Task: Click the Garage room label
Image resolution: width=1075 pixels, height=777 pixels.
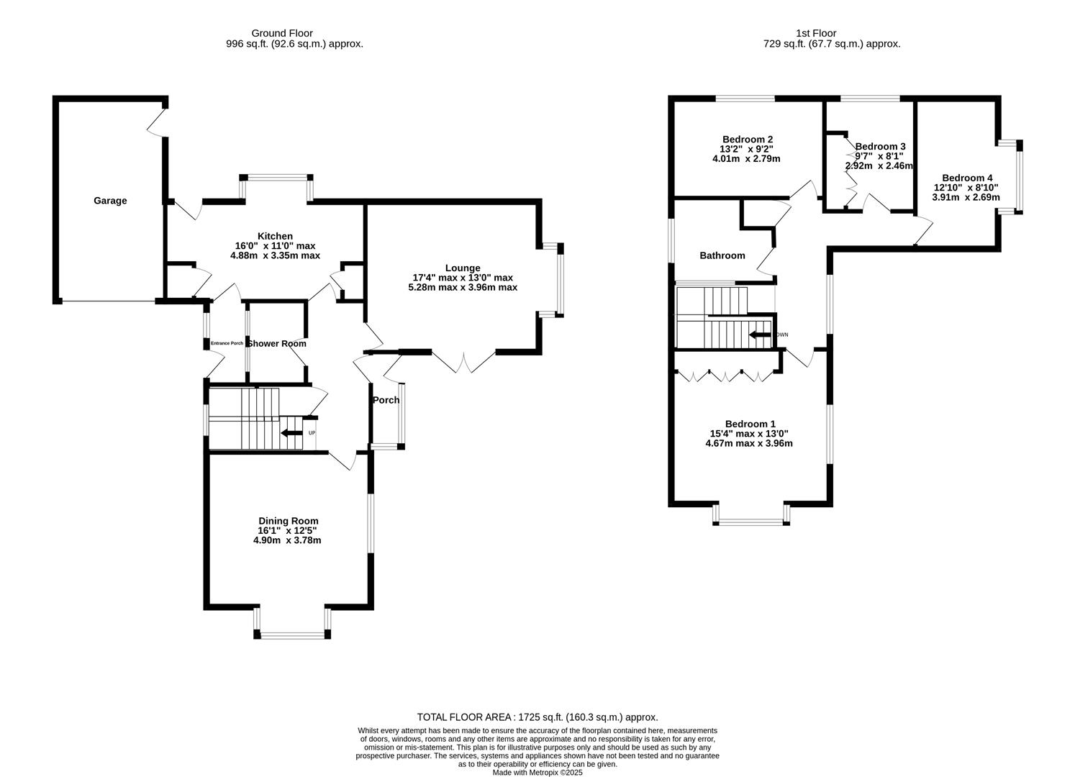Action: tap(110, 201)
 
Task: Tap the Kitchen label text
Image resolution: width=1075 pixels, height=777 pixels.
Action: tap(275, 236)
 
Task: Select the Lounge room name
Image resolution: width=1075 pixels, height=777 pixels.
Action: tap(462, 268)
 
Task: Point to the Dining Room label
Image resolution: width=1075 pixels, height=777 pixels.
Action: tap(288, 521)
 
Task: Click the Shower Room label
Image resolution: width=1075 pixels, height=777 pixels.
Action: tap(277, 344)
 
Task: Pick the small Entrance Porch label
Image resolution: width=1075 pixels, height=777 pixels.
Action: tap(227, 343)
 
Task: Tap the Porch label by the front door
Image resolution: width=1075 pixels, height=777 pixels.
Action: tap(386, 400)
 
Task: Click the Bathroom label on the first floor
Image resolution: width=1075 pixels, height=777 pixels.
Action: tap(722, 255)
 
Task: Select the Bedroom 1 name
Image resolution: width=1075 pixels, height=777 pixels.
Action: tap(749, 424)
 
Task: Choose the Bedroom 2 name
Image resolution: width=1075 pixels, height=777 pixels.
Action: tap(748, 140)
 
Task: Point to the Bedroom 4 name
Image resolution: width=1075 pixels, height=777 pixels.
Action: tap(967, 178)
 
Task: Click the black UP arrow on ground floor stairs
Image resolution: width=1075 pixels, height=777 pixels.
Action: tap(291, 433)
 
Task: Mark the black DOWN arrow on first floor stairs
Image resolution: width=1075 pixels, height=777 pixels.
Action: tap(760, 335)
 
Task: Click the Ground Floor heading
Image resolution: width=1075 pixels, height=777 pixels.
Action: tap(282, 33)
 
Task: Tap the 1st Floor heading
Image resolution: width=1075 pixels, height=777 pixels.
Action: tap(816, 33)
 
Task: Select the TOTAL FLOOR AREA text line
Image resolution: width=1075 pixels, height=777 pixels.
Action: tap(537, 717)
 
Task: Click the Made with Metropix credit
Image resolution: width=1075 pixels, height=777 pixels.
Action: tap(537, 773)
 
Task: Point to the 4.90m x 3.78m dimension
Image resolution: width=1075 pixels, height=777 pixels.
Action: tap(287, 540)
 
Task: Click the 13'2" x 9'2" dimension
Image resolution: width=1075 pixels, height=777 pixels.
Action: tap(747, 149)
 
